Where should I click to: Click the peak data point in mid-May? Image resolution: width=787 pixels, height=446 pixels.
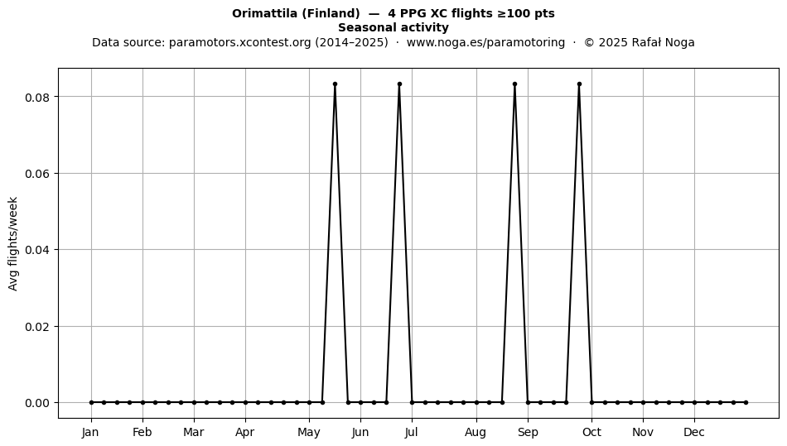tap(335, 84)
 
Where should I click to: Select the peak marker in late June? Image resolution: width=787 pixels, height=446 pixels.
tap(399, 84)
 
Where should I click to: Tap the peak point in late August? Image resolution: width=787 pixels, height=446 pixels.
tap(515, 84)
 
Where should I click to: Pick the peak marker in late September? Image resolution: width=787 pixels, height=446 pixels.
tap(579, 84)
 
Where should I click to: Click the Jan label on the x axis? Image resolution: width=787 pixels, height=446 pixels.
tap(90, 432)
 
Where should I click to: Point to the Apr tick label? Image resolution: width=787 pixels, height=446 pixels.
tap(245, 433)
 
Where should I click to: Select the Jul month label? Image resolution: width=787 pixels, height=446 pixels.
tap(412, 432)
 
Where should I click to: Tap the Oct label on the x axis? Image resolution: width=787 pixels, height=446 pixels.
tap(591, 432)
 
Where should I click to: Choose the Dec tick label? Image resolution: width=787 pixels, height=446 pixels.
tap(695, 432)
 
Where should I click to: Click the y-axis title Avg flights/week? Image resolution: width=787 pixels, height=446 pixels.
tap(13, 243)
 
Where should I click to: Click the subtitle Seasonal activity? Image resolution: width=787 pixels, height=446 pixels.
tap(393, 27)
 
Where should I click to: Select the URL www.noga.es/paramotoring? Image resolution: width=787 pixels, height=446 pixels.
tap(485, 42)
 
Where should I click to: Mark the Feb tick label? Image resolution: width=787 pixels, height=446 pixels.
tap(142, 432)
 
